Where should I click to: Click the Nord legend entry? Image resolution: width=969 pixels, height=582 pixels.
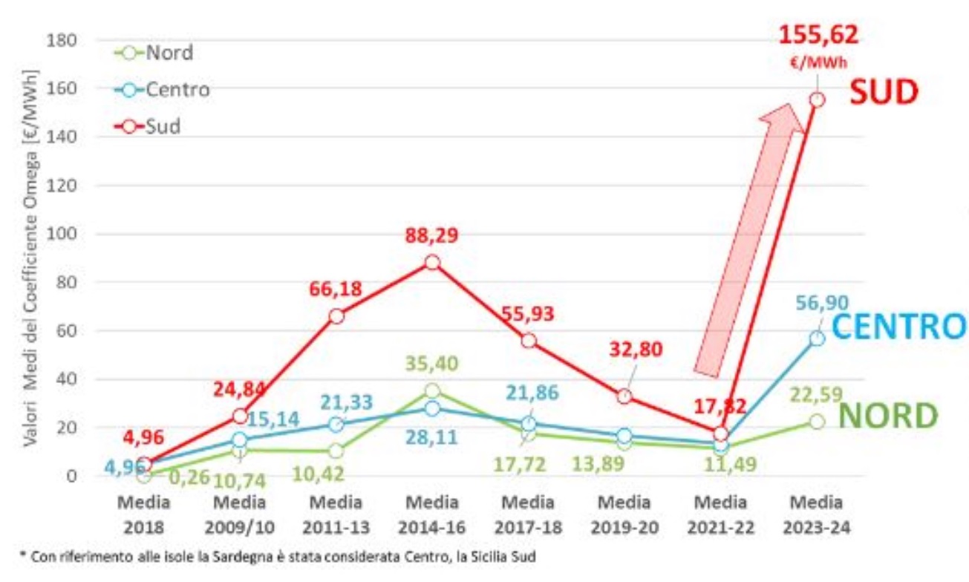[152, 53]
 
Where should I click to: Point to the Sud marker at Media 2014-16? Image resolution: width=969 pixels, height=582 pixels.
[432, 262]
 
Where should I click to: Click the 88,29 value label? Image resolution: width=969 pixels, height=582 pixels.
[432, 237]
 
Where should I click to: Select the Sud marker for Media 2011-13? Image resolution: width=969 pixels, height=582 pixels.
[336, 316]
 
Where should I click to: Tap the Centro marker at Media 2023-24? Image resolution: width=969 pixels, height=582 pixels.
[817, 339]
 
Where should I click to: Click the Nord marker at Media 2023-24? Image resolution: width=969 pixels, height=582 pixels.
[817, 422]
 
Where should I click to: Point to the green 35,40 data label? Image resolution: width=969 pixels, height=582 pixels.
[433, 364]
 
